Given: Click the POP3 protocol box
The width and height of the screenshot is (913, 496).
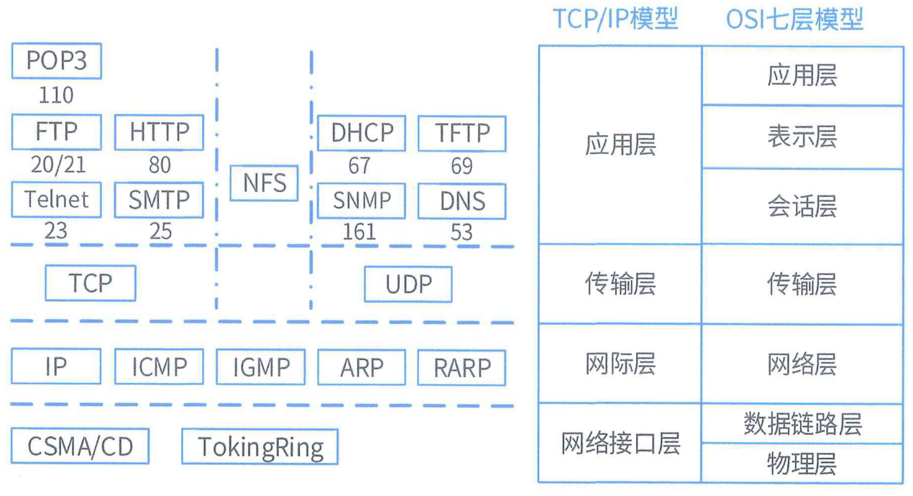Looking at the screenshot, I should click(x=57, y=61).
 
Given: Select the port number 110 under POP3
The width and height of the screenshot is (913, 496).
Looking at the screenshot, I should click(x=56, y=95).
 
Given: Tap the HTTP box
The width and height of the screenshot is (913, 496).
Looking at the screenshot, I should click(x=159, y=132).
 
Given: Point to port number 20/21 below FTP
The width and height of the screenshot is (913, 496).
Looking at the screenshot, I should click(x=58, y=165).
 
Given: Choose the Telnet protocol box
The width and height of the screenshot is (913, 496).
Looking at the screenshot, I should click(x=57, y=199).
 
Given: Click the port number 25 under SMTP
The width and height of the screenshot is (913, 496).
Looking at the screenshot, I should click(x=160, y=231).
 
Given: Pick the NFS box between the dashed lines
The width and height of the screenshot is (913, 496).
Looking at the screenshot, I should click(x=264, y=183).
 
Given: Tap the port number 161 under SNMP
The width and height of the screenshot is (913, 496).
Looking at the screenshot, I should click(x=359, y=231).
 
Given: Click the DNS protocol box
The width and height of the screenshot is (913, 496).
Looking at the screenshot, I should click(x=462, y=202).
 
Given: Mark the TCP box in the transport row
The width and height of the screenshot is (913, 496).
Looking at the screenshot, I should click(x=90, y=283).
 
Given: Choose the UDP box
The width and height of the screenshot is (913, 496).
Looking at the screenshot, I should click(x=408, y=285).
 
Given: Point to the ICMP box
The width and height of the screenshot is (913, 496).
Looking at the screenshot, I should click(x=159, y=367).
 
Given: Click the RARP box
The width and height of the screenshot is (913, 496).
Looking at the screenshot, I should click(x=462, y=367).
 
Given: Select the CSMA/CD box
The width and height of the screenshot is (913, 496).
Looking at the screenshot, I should click(x=80, y=446).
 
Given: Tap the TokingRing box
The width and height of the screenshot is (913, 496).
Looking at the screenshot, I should click(x=260, y=447).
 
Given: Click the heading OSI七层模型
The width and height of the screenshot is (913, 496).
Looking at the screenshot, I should click(x=794, y=19).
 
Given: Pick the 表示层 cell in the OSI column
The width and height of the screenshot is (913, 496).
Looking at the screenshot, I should click(x=802, y=137).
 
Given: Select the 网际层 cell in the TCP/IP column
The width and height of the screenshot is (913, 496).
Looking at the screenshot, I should click(x=620, y=364).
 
